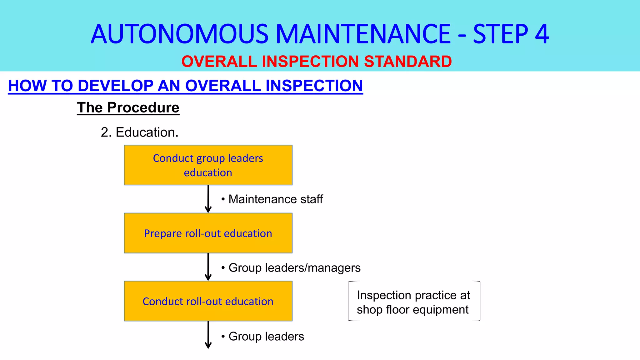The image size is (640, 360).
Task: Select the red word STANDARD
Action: coord(408,61)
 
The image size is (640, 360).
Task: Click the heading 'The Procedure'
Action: coord(128,107)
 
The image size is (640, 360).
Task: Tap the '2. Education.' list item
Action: coord(139,132)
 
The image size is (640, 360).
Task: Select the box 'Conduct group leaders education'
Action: coord(208,165)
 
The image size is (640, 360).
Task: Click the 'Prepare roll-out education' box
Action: coord(208,233)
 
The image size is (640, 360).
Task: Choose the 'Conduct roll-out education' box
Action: coord(208,301)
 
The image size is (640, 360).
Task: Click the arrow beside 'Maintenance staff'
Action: coord(208,199)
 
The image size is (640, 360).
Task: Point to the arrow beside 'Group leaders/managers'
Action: coord(208,267)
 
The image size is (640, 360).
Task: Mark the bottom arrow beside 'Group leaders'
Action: coord(208,335)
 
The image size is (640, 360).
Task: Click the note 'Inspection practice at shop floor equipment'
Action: coord(413,302)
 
